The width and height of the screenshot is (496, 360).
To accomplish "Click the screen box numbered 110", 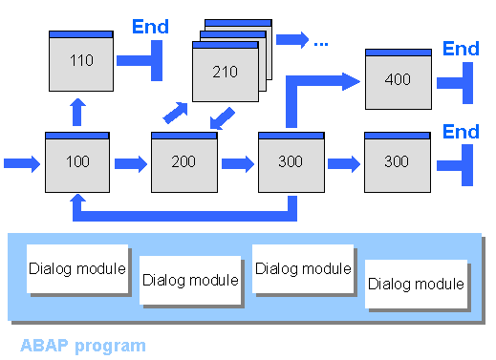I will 81,59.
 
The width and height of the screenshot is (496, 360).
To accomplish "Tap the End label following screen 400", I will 461,49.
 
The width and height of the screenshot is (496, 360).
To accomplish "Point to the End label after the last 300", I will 461,131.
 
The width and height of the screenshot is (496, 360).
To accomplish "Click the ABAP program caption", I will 83,345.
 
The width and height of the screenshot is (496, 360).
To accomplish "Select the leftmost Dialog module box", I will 76,268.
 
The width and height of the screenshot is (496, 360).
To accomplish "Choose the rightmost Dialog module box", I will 416,284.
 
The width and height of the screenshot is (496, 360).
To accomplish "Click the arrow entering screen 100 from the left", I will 22,163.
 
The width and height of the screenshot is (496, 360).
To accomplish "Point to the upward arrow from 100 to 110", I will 77,111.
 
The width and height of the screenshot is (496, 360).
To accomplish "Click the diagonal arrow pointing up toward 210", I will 175,112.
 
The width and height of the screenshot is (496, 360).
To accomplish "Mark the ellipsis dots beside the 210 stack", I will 320,41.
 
